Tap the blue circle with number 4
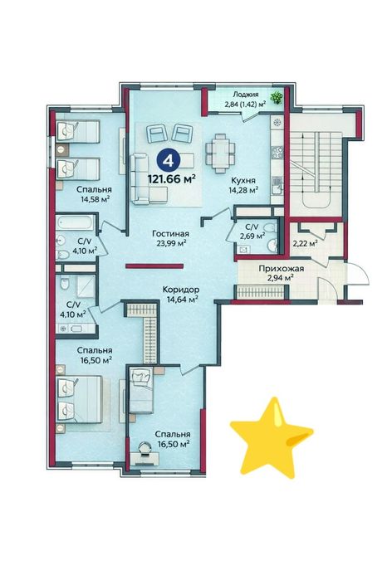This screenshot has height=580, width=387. coord(169,160)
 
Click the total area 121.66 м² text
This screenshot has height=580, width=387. coord(172,179)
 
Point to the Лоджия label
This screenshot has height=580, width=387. coord(245,95)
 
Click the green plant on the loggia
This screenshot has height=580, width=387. coord(277,98)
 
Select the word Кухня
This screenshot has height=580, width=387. coord(243,180)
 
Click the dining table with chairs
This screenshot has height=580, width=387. coord(220,153)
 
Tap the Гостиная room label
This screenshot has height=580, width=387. coord(171,234)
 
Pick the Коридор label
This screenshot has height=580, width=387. coord(181,290)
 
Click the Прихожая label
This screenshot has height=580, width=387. coord(281,269)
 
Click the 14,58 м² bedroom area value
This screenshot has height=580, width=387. coord(96,198)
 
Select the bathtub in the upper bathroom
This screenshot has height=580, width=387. coord(75,223)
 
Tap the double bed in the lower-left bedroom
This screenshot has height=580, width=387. coord(79,399)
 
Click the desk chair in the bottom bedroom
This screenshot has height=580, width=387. coord(145,449)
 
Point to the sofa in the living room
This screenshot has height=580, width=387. coord(145,179)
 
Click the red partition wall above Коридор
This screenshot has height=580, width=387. coord(154,266)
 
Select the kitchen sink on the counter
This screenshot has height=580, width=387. coord(277,184)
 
